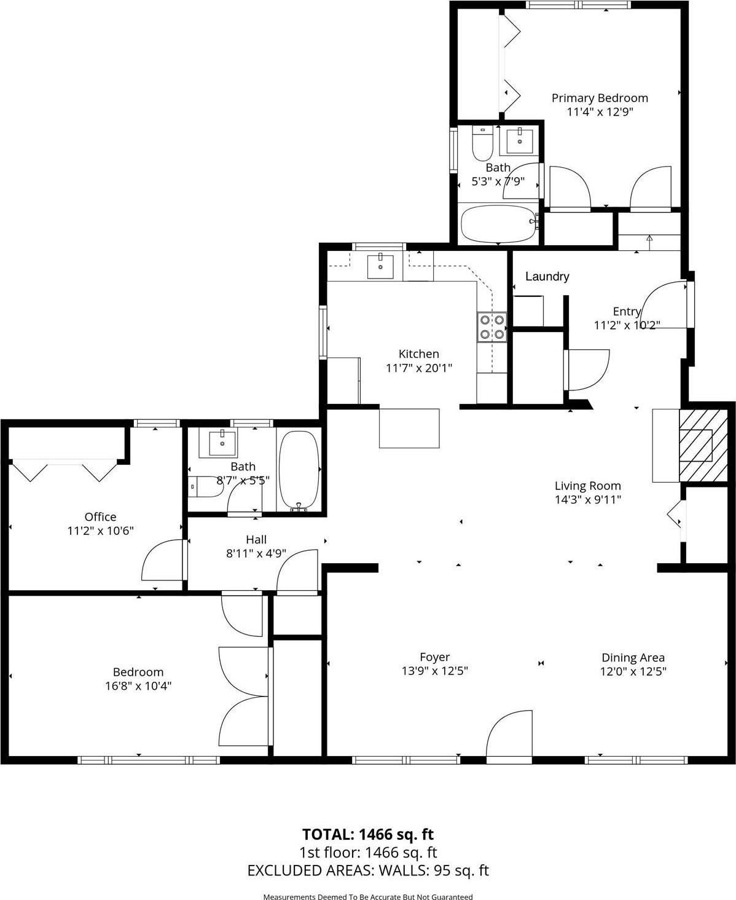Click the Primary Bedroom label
(x=599, y=98)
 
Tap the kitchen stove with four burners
(x=492, y=327)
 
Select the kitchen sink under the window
(x=381, y=265)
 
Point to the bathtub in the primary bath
(x=498, y=224)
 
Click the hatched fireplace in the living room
(x=702, y=446)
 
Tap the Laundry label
(x=547, y=277)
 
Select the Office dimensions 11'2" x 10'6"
(x=100, y=531)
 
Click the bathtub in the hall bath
(x=299, y=470)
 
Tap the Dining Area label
(x=633, y=657)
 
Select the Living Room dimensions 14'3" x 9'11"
(x=588, y=500)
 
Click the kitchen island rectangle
(x=409, y=428)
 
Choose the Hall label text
(x=256, y=539)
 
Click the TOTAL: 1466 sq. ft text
(x=367, y=834)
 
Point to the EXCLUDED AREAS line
(x=367, y=870)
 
